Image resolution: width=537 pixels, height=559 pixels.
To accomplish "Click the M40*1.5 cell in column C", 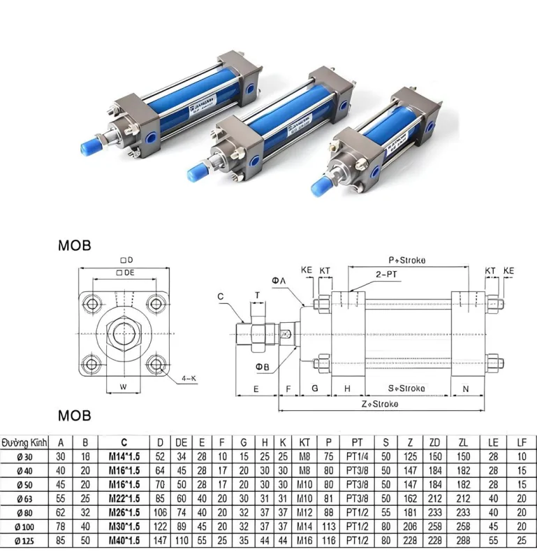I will [124, 540].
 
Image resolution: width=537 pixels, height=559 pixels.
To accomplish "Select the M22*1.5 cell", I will [124, 498].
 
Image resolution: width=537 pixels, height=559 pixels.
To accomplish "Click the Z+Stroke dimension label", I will [380, 404].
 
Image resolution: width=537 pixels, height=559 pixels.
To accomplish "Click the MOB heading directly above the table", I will [75, 416].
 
